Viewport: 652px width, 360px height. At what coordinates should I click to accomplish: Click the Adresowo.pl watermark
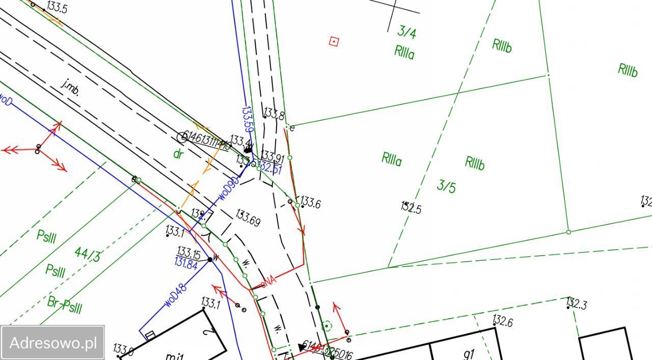point(52,342)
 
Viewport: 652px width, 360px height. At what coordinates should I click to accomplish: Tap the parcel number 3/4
point(406,33)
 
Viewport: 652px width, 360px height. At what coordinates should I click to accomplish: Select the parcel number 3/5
point(446,186)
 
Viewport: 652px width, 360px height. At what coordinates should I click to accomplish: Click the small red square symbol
point(334,42)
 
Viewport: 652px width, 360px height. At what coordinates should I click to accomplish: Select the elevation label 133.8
point(274,114)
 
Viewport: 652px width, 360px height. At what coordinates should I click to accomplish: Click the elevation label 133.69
point(248,218)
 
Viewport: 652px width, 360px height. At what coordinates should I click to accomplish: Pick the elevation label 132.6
point(502,322)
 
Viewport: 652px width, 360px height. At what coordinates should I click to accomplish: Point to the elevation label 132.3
point(577,304)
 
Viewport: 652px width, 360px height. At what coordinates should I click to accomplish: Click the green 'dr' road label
point(178,154)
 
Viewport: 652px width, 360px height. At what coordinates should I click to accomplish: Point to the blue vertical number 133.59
point(248,120)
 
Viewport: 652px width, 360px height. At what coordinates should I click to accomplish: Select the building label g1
point(469,353)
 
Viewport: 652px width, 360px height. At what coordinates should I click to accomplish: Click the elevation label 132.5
point(411,208)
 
